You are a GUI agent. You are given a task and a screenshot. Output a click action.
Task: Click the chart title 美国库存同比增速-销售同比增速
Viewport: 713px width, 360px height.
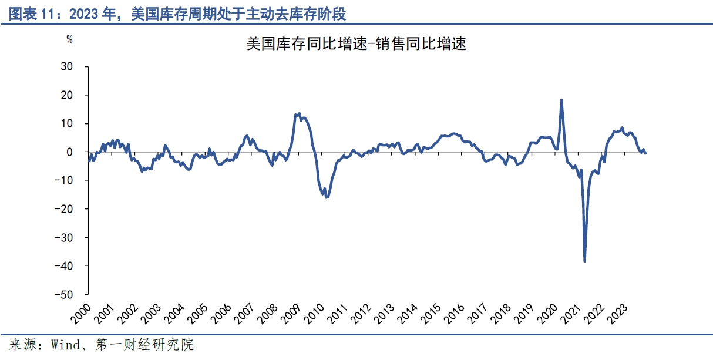pyautogui.click(x=356, y=44)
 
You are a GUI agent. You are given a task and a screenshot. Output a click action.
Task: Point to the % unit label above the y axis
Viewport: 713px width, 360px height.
pyautogui.click(x=69, y=40)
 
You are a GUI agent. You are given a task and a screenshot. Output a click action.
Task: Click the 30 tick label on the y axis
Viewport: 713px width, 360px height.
pyautogui.click(x=66, y=66)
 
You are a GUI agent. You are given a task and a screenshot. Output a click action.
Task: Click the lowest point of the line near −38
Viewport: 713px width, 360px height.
pyautogui.click(x=584, y=261)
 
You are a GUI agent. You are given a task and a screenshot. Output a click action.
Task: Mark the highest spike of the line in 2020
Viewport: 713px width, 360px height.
pyautogui.click(x=561, y=100)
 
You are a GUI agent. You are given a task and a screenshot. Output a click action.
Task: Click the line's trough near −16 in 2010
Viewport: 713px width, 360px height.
pyautogui.click(x=327, y=197)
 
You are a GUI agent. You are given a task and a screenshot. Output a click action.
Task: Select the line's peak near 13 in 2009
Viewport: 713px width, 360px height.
pyautogui.click(x=299, y=113)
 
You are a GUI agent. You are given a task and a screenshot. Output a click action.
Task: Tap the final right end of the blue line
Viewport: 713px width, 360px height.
pyautogui.click(x=645, y=153)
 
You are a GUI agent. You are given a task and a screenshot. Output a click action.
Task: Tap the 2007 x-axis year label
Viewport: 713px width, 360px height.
pyautogui.click(x=243, y=313)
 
